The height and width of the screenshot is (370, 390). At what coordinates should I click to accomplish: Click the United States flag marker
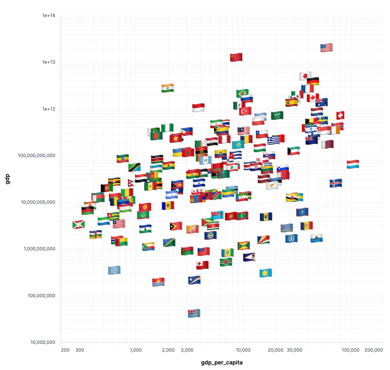tap(326, 48)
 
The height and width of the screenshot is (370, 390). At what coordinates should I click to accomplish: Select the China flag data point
tap(236, 57)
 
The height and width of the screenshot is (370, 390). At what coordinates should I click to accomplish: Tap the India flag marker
tap(168, 88)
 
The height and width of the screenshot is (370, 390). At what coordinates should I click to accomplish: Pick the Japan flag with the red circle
tap(305, 76)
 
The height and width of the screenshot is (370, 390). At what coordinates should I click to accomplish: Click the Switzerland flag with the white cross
tap(340, 115)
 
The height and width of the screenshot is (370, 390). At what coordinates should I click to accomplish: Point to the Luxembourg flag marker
tap(353, 164)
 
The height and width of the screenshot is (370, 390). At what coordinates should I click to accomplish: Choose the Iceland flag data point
tap(336, 183)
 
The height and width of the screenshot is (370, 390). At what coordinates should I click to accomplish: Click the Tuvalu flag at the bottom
tap(194, 313)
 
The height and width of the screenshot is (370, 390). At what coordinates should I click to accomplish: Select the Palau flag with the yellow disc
tap(266, 273)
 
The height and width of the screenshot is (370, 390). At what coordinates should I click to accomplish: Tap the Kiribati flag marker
tap(158, 282)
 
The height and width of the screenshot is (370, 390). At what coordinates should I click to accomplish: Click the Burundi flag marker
tap(78, 224)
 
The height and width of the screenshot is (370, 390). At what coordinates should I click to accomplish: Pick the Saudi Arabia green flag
tap(277, 115)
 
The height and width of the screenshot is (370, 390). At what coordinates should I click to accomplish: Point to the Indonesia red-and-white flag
tap(198, 107)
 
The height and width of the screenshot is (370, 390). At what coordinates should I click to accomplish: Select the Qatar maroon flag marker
tap(327, 144)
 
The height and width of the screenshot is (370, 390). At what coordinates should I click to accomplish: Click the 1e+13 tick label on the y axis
tap(49, 62)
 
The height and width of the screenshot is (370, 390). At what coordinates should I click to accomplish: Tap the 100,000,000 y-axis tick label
tap(42, 296)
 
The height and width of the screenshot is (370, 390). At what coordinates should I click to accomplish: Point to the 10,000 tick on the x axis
tap(243, 350)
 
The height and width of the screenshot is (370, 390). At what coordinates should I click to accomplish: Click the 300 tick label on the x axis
tap(80, 350)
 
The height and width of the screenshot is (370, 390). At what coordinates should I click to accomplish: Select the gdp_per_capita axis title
tap(222, 363)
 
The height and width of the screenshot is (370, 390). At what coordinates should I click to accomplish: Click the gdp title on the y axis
tap(7, 179)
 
